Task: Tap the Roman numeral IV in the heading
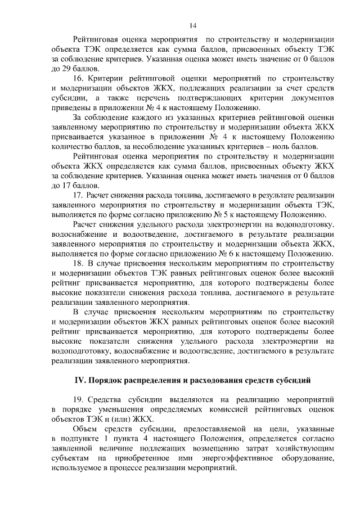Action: pyautogui.click(x=82, y=381)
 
